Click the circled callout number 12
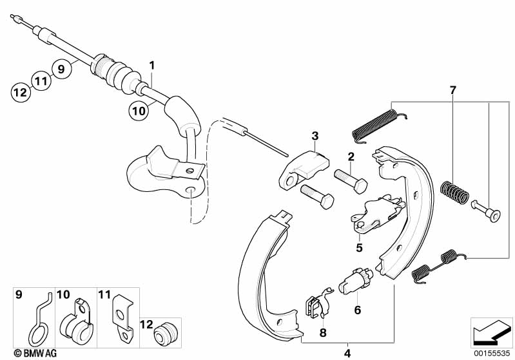click(21, 92)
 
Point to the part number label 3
click(315, 136)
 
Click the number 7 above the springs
click(452, 90)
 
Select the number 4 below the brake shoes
click(348, 352)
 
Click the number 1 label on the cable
click(152, 65)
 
